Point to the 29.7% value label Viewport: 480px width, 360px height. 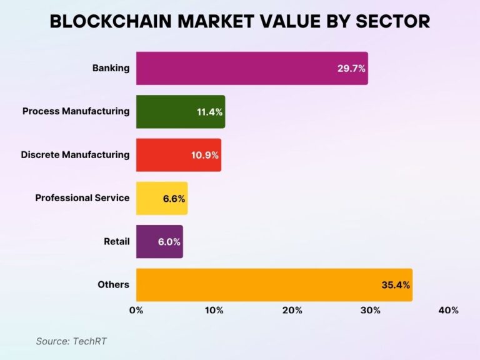(x=351, y=68)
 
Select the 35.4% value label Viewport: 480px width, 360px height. (x=395, y=285)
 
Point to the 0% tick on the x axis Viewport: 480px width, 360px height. (x=136, y=310)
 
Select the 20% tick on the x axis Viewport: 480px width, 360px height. (x=292, y=310)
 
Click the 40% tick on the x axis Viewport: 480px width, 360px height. (x=448, y=310)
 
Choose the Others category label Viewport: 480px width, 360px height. (x=113, y=284)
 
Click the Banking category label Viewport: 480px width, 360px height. (x=111, y=67)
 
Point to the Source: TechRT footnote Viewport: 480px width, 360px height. (x=67, y=341)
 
